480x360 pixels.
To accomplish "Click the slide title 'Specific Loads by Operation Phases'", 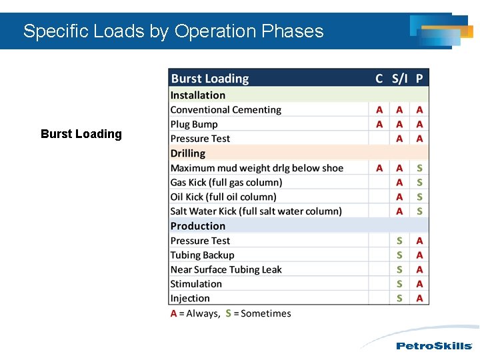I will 173,31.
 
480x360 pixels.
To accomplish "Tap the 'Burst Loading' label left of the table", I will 81,134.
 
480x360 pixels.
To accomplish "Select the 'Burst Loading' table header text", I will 210,79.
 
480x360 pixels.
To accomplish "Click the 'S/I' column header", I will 399,79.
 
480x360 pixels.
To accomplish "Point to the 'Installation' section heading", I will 198,95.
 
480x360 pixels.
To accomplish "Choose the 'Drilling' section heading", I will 188,153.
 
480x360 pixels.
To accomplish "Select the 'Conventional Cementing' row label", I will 226,110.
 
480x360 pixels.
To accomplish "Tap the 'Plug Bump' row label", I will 194,125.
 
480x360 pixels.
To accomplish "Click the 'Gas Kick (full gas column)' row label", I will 227,183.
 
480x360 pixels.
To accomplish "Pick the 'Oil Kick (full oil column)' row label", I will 223,197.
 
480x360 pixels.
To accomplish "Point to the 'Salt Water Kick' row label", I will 256,211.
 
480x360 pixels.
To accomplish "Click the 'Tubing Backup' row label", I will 203,255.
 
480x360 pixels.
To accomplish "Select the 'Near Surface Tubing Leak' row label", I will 226,270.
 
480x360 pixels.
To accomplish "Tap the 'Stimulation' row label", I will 196,284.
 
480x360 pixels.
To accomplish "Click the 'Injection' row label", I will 190,299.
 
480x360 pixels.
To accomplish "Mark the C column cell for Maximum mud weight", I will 379,168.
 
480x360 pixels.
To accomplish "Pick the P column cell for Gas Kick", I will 419,183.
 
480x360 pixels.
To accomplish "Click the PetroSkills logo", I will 434,346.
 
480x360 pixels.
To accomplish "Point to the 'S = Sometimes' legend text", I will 259,313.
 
